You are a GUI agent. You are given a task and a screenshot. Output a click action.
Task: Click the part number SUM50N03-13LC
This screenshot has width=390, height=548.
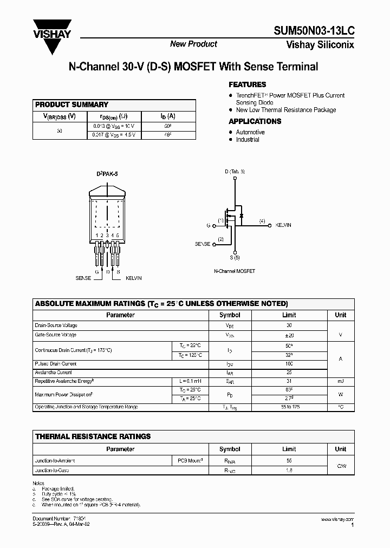pyautogui.click(x=316, y=32)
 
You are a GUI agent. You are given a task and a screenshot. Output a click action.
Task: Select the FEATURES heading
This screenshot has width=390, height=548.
pyautogui.click(x=247, y=84)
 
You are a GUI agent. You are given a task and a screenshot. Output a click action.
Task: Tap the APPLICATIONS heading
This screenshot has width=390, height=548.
pyautogui.click(x=255, y=121)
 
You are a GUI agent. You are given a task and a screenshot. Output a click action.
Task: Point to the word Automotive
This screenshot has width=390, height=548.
pyautogui.click(x=250, y=132)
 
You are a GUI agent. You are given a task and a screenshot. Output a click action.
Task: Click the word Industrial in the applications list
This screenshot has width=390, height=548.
pyautogui.click(x=248, y=140)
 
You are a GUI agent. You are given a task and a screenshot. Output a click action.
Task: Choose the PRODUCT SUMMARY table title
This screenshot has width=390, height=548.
pyautogui.click(x=71, y=105)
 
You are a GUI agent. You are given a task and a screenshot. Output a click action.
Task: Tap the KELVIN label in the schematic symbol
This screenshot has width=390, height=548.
pyautogui.click(x=283, y=224)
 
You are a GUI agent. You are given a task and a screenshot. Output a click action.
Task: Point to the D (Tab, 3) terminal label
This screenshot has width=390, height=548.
pyautogui.click(x=235, y=172)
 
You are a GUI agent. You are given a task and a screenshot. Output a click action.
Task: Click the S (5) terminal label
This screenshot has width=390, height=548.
pyautogui.click(x=235, y=258)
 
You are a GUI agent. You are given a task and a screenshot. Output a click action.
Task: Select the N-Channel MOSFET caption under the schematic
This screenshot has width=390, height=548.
pyautogui.click(x=235, y=271)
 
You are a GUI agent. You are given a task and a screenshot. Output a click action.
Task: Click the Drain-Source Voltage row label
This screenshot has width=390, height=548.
pyautogui.click(x=56, y=325)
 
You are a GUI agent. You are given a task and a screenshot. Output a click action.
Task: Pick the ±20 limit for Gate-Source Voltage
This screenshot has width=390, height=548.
pyautogui.click(x=289, y=335)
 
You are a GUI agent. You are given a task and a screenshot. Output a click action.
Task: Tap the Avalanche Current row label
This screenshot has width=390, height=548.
pyautogui.click(x=53, y=373)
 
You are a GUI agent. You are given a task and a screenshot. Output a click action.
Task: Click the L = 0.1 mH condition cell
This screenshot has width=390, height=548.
pyautogui.click(x=191, y=382)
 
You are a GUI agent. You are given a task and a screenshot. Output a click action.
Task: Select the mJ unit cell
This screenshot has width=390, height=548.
pyautogui.click(x=340, y=382)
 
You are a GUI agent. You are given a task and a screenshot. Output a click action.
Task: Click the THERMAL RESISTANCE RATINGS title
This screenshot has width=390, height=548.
pyautogui.click(x=93, y=436)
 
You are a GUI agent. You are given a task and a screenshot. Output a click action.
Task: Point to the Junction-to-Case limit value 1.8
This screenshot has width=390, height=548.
pyautogui.click(x=289, y=471)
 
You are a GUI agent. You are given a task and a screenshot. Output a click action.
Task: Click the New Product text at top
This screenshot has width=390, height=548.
pyautogui.click(x=193, y=44)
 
